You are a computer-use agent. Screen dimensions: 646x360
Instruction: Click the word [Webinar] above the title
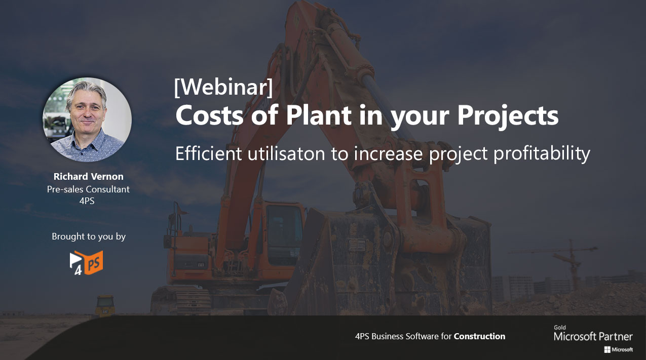223,87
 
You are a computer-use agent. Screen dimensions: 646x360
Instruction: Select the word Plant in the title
319,115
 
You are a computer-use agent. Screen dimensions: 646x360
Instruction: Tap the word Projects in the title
508,116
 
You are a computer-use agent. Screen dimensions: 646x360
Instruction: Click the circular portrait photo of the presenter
87,119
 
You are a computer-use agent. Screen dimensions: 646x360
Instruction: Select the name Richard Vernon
89,176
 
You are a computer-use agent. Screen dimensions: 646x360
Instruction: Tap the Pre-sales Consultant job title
88,189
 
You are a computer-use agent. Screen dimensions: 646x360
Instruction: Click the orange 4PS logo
86,263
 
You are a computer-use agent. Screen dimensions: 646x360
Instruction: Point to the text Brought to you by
89,236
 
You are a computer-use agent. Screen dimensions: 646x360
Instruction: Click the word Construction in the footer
479,336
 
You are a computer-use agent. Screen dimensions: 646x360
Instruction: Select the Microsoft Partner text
593,336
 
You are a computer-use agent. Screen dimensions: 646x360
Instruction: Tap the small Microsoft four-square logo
607,350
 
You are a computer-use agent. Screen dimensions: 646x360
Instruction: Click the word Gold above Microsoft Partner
560,328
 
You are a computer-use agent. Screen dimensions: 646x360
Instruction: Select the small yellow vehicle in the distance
105,305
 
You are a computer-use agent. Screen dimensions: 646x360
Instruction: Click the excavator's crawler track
181,300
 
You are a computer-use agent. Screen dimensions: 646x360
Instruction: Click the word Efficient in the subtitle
209,153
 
